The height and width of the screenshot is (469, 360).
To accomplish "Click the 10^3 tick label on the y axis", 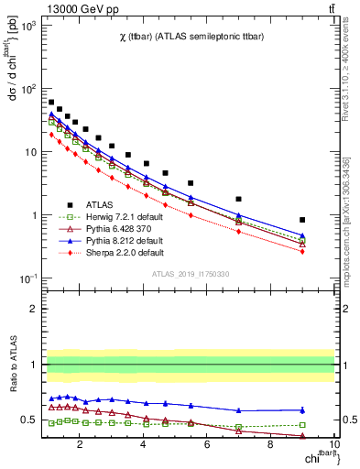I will pos(28,26).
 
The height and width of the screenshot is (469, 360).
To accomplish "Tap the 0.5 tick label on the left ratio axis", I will pos(27,420).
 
